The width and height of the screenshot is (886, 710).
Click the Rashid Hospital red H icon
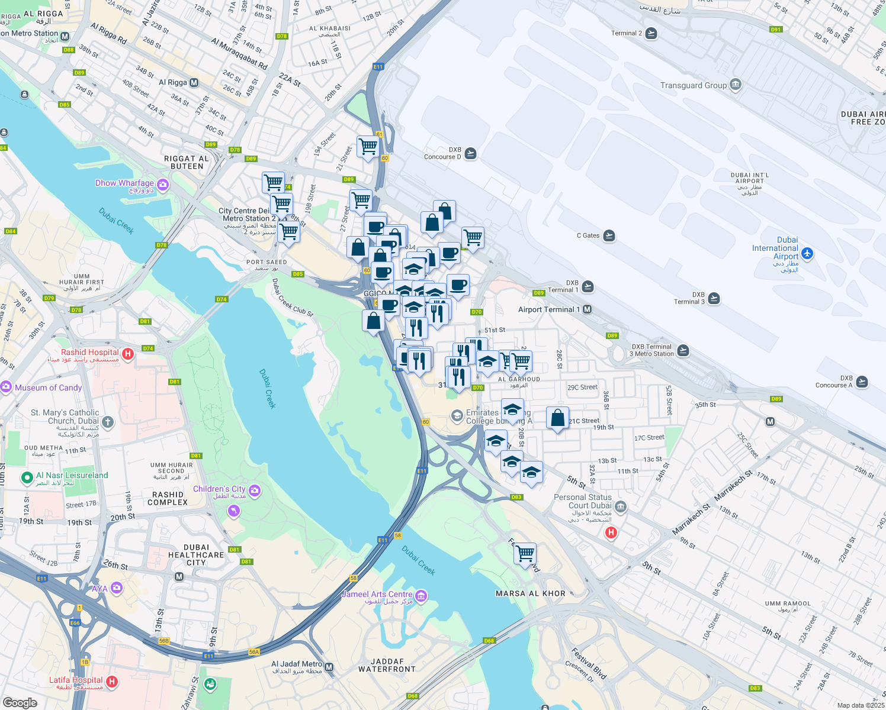pos(127,354)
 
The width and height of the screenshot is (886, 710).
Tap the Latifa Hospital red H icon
pos(111,682)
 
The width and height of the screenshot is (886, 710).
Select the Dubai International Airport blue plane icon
pos(807,254)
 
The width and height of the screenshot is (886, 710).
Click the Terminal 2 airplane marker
pos(651,33)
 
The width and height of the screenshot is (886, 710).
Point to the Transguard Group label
pos(694,85)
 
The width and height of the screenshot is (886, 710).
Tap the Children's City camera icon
pos(255,490)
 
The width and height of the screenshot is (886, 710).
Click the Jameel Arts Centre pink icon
pos(421,595)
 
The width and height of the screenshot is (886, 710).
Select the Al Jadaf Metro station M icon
pos(329,667)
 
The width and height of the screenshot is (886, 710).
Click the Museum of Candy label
pos(49,388)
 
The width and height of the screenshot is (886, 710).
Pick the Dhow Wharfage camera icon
pos(163,185)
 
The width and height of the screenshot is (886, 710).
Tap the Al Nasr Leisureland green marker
pos(27,477)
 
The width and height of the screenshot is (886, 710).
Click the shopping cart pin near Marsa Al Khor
pos(525,554)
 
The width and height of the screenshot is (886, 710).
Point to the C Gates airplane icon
pos(609,236)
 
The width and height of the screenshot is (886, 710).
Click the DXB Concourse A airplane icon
pos(862,382)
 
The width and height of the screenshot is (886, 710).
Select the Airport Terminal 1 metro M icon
pos(587,309)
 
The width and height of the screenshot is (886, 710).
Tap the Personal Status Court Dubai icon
pos(621,506)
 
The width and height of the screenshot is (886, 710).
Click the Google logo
pos(20,702)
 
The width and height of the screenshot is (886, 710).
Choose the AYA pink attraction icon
pos(116,588)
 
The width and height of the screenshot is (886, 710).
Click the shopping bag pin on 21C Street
pos(557,418)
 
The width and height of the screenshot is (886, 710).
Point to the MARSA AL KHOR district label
pos(531,593)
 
